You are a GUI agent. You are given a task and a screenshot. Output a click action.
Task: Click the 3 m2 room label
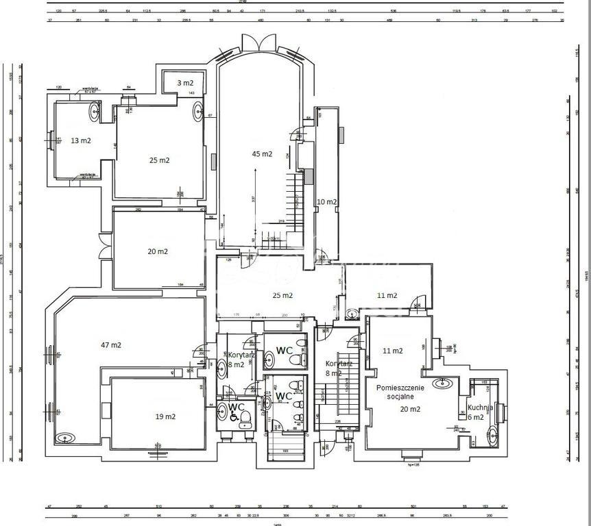coord(185,83)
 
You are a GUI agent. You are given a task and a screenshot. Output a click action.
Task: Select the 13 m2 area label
coord(81,140)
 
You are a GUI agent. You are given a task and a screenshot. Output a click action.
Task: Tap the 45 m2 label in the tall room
coord(262,154)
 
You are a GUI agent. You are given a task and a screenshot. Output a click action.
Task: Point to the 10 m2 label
coord(326,202)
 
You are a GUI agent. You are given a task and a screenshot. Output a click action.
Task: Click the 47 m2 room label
coord(110,345)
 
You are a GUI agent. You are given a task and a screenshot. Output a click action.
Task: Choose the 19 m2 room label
coord(165,416)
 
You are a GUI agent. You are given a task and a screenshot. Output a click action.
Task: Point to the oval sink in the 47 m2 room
coord(67,437)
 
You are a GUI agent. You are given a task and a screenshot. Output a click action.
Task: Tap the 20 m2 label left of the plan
coord(158,251)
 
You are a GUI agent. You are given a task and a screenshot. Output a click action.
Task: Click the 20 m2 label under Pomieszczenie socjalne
coord(411,409)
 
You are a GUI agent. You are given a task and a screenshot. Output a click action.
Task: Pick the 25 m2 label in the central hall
coord(282,296)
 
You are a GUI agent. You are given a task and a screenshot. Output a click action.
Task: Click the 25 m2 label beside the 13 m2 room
coord(159,160)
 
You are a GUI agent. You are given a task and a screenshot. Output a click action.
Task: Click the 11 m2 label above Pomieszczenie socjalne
coord(392,351)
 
